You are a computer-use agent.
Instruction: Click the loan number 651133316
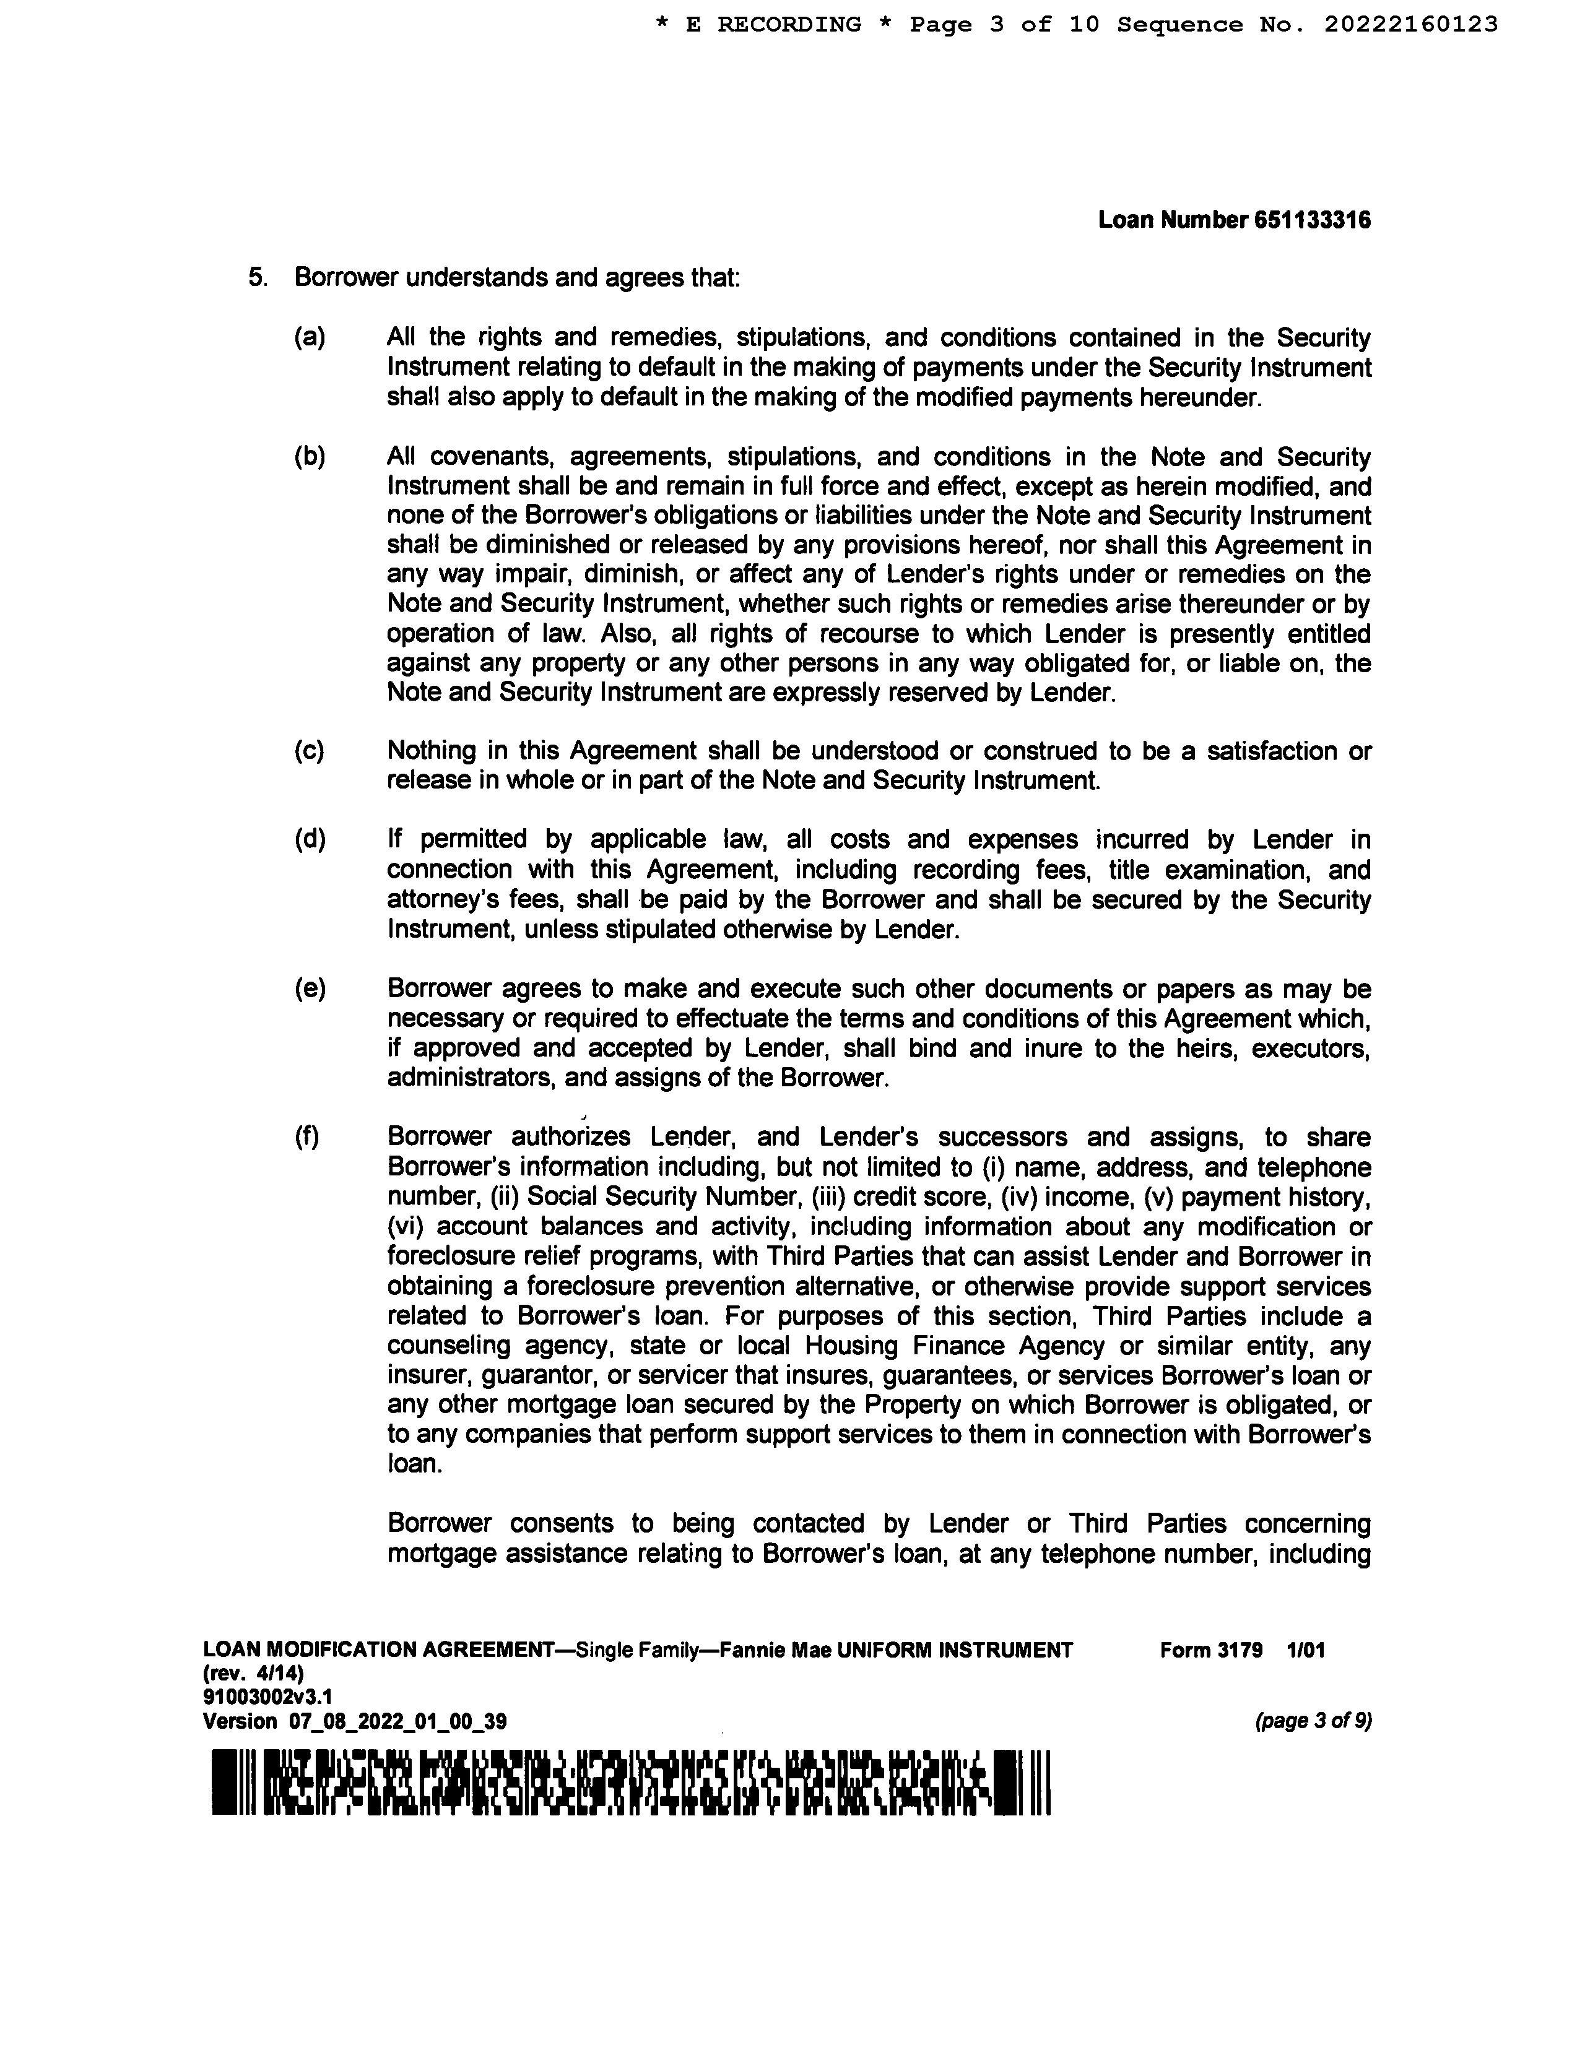[x=1312, y=220]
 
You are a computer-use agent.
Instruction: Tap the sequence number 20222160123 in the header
[x=1410, y=25]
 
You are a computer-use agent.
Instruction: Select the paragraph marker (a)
[x=310, y=338]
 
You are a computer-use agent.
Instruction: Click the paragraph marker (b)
[x=310, y=457]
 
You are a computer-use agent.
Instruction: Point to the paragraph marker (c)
[x=309, y=751]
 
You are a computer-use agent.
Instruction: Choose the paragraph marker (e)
[x=310, y=989]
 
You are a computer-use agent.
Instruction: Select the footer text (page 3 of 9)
[x=1313, y=1721]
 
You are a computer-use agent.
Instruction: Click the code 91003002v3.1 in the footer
[x=267, y=1697]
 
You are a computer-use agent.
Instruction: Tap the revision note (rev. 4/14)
[x=253, y=1674]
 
